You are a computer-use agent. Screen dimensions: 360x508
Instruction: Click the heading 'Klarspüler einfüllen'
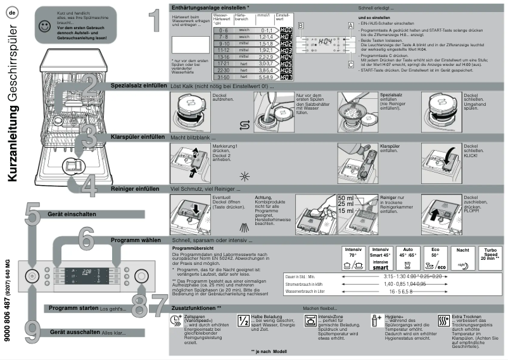click(138, 137)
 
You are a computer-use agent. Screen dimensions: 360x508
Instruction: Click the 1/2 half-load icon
click(243, 320)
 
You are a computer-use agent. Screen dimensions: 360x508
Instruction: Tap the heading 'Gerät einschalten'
click(72, 214)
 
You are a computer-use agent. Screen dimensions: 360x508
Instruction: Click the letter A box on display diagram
click(350, 25)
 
